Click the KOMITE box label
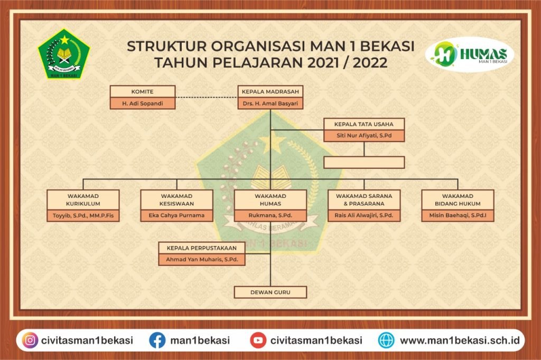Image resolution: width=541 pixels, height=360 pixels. pos(142,92)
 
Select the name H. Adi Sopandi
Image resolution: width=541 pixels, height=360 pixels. pos(143,103)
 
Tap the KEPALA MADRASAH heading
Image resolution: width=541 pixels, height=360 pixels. pos(270,92)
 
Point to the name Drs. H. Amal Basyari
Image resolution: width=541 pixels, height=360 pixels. pos(270,103)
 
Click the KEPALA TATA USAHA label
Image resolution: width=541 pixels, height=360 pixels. pos(363,124)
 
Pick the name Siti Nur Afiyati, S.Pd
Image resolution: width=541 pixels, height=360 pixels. pos(364,136)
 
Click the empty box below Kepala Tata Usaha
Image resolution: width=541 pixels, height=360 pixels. pos(364,163)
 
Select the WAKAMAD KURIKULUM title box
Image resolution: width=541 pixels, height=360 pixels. pos(83,200)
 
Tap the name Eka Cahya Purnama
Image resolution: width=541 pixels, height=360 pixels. pos(176,215)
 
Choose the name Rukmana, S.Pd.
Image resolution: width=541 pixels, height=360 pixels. pos(270,215)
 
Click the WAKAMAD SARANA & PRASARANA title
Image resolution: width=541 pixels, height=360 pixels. pos(364,200)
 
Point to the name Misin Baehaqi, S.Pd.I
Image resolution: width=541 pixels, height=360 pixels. pos(458,215)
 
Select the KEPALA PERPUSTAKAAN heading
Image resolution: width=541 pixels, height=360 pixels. pos(201,248)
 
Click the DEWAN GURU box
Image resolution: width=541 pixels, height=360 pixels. pos(270,292)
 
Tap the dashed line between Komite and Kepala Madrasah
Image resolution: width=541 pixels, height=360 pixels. pos(207,97)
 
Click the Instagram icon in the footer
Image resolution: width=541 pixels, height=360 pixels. pos(30,340)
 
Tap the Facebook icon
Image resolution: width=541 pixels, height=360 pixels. pos(157,340)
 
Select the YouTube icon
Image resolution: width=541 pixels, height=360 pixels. pos(258,340)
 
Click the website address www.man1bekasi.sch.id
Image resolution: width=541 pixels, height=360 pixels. pos(460,340)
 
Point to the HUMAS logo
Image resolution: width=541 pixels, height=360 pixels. pos(470,54)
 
